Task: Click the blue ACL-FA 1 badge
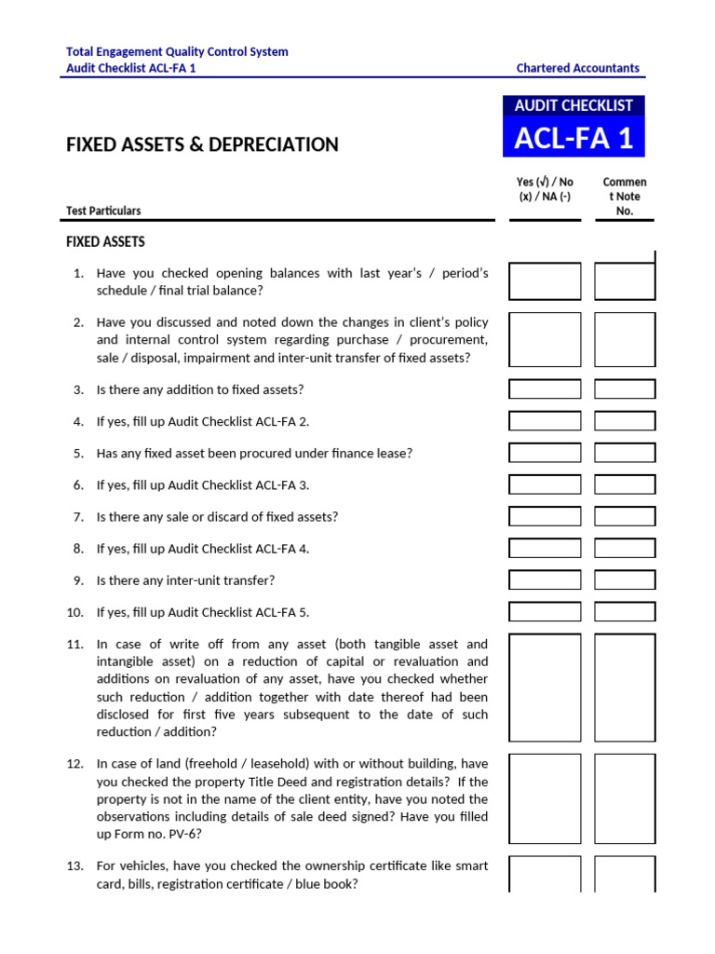coord(573,138)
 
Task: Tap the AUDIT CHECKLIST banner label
coord(573,105)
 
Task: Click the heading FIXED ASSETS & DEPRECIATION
coord(202,144)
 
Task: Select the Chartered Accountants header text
coord(577,68)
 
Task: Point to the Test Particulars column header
coord(103,211)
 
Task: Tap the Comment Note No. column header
coord(625,196)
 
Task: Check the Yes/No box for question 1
coord(545,281)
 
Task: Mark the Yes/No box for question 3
coord(545,389)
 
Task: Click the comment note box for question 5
coord(625,453)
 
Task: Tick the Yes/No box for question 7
coord(545,516)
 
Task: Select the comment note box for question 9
coord(625,579)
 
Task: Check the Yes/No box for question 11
coord(545,688)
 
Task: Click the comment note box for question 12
coord(625,798)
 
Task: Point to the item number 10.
coord(75,612)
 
